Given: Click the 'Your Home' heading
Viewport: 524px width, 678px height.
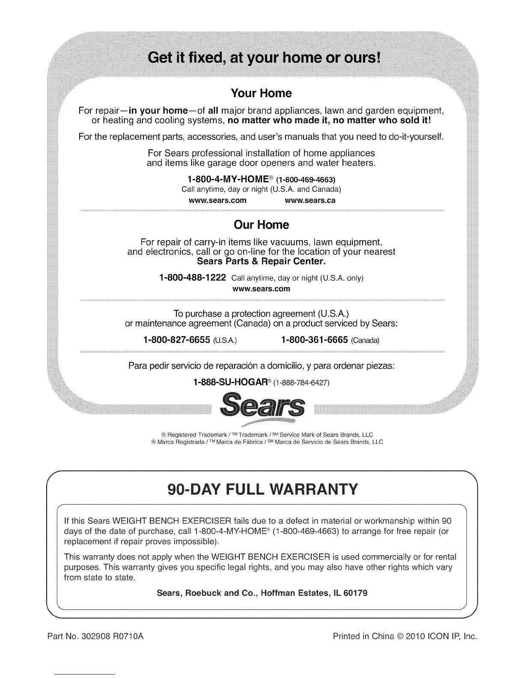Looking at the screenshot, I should coord(261,93).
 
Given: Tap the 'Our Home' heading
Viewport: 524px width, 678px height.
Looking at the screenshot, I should coord(261,225).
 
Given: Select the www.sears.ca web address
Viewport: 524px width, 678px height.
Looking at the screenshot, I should coord(310,200).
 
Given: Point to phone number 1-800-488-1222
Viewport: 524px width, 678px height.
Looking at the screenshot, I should coord(192,278).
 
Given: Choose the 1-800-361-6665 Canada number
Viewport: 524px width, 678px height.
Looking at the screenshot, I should coord(314,340).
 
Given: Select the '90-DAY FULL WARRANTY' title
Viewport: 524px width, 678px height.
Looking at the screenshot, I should coord(262,489).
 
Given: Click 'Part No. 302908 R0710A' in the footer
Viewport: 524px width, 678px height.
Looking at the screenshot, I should coord(95,636).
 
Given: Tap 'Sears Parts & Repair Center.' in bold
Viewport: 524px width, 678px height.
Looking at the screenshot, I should coord(262,261).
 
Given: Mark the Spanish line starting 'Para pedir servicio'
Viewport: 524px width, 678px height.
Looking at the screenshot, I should coord(262,366).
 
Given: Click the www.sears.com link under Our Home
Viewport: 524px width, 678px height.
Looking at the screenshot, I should coord(261,288).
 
